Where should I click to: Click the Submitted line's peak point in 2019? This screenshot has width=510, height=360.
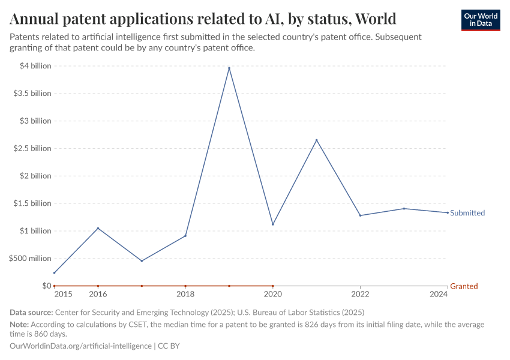[x=229, y=68]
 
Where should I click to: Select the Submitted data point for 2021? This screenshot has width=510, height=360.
[x=316, y=140]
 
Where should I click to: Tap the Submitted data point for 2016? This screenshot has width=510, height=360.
[x=98, y=228]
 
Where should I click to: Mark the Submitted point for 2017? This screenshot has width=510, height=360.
[x=142, y=261]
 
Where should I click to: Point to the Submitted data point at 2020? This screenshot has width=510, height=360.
[x=273, y=224]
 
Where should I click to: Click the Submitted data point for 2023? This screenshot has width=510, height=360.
[x=404, y=209]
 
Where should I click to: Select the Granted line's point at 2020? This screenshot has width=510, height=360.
[x=273, y=286]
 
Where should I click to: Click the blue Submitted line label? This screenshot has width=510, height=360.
[x=467, y=213]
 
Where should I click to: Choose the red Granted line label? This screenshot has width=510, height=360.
[x=464, y=286]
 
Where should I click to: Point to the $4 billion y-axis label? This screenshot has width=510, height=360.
[x=35, y=66]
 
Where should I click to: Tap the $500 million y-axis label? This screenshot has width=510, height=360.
[x=29, y=259]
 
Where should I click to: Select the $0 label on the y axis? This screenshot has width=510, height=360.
[x=46, y=286]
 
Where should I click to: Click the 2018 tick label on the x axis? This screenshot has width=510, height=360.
[x=185, y=294]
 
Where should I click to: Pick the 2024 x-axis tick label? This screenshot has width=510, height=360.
[x=439, y=294]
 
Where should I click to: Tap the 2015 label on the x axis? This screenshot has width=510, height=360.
[x=63, y=294]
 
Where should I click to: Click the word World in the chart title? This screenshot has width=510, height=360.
[x=374, y=18]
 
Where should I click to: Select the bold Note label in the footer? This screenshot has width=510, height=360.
[x=20, y=325]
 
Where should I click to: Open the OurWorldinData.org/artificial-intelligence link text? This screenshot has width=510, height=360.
[x=82, y=346]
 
